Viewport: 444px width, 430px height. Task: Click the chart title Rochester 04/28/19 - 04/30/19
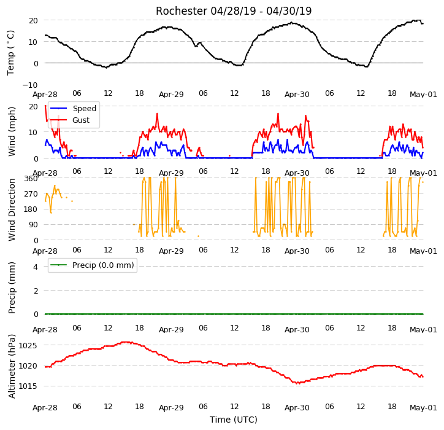click(x=234, y=11)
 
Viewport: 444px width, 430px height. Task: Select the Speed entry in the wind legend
click(x=74, y=108)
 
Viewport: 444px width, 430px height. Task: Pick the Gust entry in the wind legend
click(x=70, y=120)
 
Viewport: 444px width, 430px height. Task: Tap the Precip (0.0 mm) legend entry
click(x=92, y=265)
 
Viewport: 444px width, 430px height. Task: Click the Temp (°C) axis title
click(x=10, y=53)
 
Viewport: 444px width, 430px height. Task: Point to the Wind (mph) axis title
click(x=11, y=131)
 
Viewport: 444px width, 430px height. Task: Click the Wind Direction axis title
click(x=11, y=210)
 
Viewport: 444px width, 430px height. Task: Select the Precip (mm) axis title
click(x=11, y=287)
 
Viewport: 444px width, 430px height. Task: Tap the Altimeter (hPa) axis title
click(x=11, y=366)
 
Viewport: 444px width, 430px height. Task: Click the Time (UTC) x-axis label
click(x=234, y=420)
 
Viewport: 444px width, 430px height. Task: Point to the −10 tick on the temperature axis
click(x=30, y=85)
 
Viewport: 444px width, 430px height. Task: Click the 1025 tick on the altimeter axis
click(x=28, y=345)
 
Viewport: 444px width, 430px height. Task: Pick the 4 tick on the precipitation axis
click(x=36, y=267)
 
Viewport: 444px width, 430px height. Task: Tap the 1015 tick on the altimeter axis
click(x=28, y=386)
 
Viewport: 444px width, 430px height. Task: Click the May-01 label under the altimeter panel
click(x=423, y=408)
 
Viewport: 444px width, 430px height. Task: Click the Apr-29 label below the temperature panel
click(x=171, y=94)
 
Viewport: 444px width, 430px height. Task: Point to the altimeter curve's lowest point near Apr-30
click(x=298, y=383)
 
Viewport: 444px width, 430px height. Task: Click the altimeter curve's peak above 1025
click(x=126, y=342)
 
